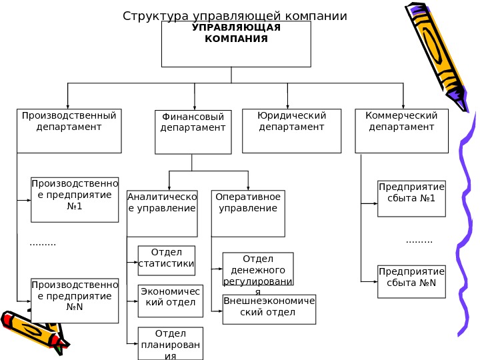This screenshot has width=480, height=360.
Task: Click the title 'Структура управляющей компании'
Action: click(x=235, y=15)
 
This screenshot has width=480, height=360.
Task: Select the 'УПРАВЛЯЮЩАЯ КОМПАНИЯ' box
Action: click(x=237, y=44)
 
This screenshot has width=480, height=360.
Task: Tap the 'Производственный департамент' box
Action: click(x=69, y=131)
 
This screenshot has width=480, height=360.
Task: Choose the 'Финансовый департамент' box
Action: click(x=193, y=132)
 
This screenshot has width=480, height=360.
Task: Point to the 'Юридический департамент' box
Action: click(x=291, y=131)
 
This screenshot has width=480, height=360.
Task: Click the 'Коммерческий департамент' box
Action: click(x=401, y=131)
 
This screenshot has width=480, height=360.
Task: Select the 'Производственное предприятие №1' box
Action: click(x=75, y=199)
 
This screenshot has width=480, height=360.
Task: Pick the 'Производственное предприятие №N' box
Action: click(x=75, y=300)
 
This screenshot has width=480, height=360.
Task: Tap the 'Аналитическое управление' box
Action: click(x=162, y=213)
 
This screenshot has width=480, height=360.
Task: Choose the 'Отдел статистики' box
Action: click(x=167, y=260)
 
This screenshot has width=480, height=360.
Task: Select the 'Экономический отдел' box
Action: click(x=170, y=301)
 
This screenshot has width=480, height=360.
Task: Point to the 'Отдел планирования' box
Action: click(x=170, y=343)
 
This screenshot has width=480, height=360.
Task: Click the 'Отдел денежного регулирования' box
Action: click(x=258, y=269)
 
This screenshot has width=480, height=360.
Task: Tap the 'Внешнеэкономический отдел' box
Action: click(x=269, y=309)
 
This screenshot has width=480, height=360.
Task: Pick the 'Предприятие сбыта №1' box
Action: click(x=411, y=199)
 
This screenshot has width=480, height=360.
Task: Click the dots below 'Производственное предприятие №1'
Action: click(x=43, y=243)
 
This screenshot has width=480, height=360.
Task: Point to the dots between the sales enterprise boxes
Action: click(x=419, y=241)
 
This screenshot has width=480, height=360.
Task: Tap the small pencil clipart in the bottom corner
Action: click(x=33, y=331)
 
